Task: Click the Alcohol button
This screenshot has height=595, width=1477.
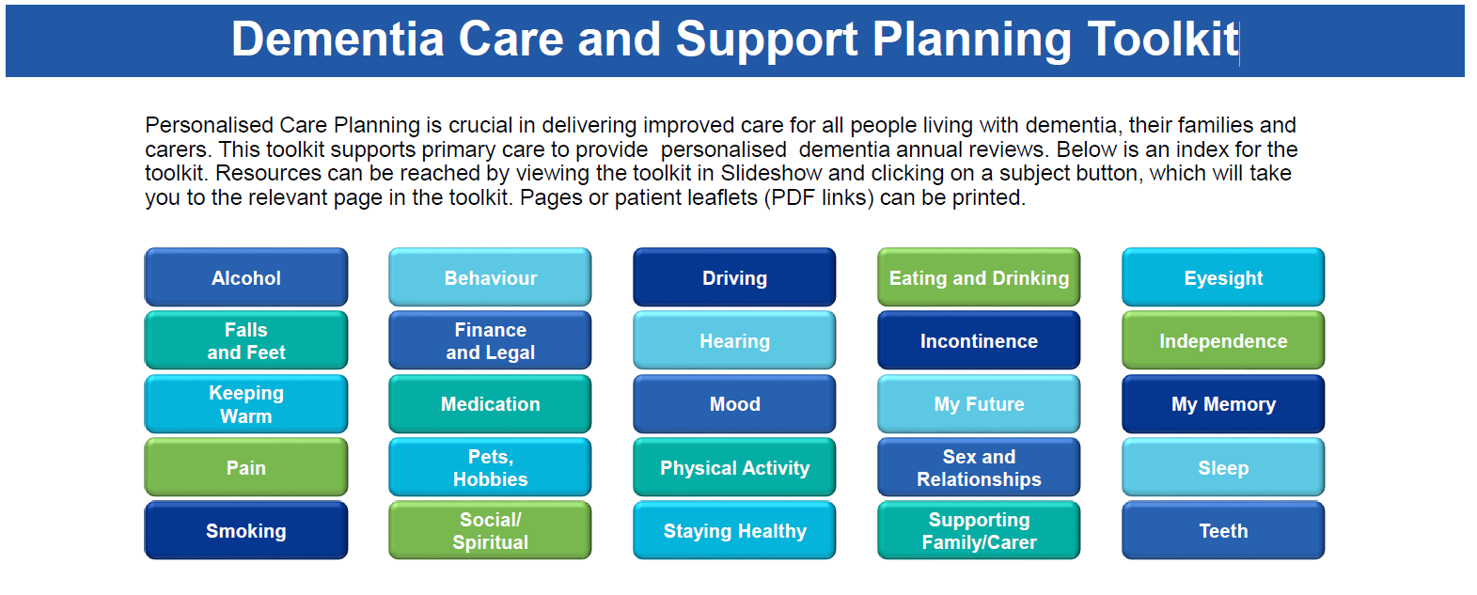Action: [x=245, y=277]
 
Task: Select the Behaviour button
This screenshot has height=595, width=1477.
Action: [x=490, y=277]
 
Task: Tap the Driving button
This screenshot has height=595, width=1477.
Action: [x=734, y=277]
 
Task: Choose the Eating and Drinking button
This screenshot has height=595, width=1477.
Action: [x=979, y=277]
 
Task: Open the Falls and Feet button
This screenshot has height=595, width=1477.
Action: [x=245, y=340]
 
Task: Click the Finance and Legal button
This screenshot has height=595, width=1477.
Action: [x=490, y=340]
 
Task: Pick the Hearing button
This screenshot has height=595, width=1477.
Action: [x=734, y=340]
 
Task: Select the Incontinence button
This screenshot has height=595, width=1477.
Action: [x=979, y=340]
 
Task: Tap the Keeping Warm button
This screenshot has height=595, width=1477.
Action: [x=245, y=404]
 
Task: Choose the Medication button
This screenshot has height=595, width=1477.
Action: [x=490, y=404]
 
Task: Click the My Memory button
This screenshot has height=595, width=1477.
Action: [x=1223, y=404]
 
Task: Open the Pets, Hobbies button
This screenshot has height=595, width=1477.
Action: [x=490, y=467]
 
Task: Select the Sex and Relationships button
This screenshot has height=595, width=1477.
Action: [x=979, y=467]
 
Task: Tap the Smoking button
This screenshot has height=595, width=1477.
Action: [x=245, y=530]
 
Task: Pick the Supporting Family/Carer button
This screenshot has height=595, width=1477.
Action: [x=979, y=530]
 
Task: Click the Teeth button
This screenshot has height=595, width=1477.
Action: [x=1223, y=530]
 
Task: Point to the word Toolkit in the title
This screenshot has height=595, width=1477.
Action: [x=1163, y=39]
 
